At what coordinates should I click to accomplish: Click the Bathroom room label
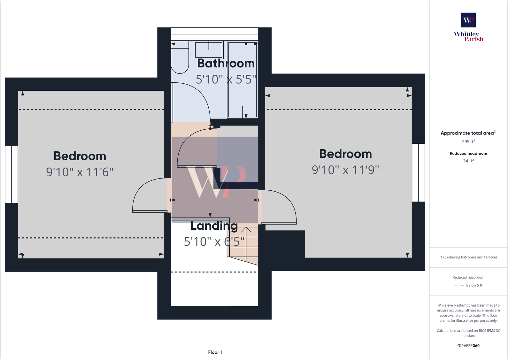226,63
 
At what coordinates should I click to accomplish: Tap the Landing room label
214,226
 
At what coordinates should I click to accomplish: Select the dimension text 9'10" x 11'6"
80,172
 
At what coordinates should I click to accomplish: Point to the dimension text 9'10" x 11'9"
345,170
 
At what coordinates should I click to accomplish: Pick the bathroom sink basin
209,50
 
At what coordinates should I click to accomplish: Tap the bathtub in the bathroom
242,96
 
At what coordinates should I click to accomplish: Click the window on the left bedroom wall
12,174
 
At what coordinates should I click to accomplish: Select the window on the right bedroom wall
418,172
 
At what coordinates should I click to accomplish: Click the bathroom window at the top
214,34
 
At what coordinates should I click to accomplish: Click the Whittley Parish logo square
468,20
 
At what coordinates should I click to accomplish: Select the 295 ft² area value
468,142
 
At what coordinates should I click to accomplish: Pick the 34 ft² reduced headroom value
468,161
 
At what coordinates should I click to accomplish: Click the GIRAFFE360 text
468,346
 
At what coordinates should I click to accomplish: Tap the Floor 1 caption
215,352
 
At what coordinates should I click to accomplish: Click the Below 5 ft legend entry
474,285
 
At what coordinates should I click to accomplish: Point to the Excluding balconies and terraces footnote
468,257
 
